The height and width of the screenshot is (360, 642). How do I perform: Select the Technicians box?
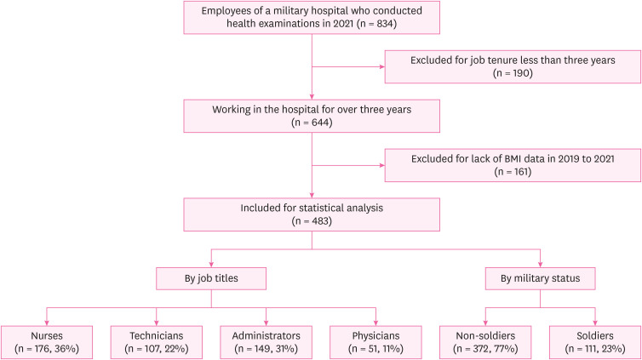156,340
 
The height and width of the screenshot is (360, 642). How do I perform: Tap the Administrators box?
267,340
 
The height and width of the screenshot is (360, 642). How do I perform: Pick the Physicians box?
376,340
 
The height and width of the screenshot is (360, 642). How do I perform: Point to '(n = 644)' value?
314,122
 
